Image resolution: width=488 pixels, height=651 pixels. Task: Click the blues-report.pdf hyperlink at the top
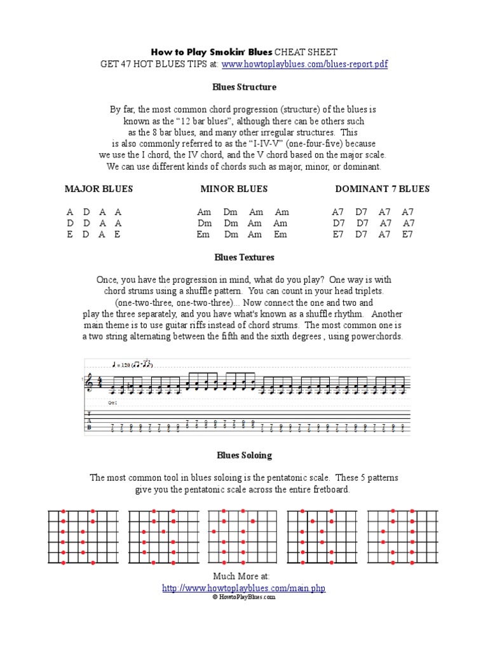coord(304,64)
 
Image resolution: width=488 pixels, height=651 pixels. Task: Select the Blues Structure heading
coord(245,86)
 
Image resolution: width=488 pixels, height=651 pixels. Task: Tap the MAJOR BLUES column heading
coord(98,189)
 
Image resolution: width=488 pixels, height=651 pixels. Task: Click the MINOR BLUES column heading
coord(234,189)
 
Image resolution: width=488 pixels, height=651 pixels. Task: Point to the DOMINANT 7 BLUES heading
coord(383,189)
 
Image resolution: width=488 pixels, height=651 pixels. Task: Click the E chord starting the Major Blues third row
coord(70,235)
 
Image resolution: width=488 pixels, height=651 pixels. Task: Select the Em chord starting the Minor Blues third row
coord(204,235)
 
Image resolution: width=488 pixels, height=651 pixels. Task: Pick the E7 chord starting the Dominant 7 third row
coord(338,235)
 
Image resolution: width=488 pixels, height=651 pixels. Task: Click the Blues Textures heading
coord(245,257)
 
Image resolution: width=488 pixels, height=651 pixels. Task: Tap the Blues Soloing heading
coord(245,455)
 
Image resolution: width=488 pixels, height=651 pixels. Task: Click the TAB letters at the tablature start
coord(88,420)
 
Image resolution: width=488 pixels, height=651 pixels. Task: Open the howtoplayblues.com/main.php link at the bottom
coord(244,589)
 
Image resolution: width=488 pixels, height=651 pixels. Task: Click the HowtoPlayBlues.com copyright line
coord(244,598)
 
